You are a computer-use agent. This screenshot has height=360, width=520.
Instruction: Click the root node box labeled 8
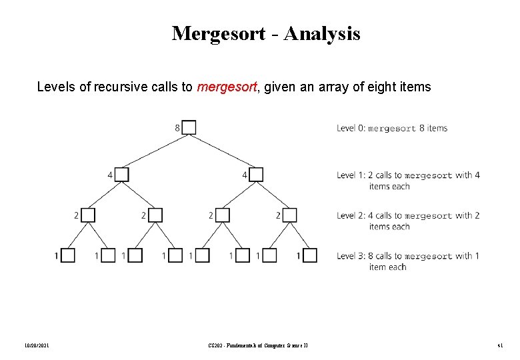189,127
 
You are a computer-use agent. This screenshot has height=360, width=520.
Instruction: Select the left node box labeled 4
122,174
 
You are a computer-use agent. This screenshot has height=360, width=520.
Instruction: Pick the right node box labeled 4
256,174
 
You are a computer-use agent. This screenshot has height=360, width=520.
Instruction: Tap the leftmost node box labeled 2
88,215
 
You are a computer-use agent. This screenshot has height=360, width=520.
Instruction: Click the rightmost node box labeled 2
289,215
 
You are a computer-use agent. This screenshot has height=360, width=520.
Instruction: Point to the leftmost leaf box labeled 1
68,255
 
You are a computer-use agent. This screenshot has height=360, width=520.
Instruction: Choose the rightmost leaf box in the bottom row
310,255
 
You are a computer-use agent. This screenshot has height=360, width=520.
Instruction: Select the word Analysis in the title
323,33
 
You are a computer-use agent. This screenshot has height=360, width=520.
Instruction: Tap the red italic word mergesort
227,87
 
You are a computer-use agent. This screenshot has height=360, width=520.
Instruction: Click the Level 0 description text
392,128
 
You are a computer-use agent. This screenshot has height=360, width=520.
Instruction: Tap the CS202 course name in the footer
257,345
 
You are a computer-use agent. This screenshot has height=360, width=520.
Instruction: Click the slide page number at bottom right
499,345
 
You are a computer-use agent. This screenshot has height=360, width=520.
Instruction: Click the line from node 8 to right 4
223,151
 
